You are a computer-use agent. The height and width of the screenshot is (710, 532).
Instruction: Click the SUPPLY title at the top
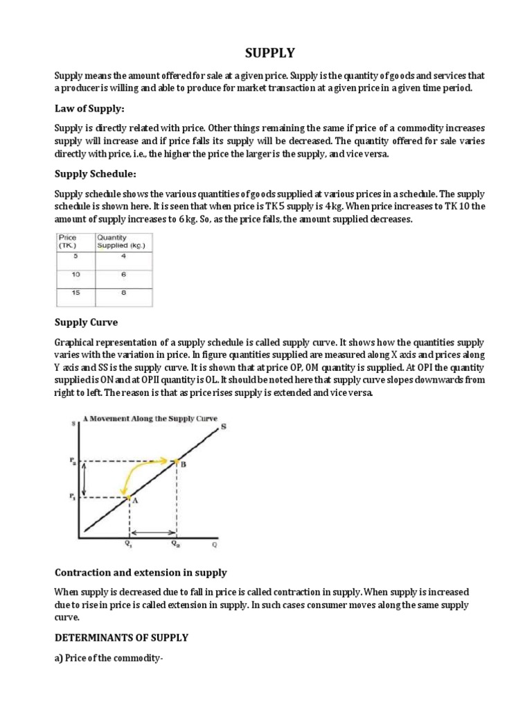click(x=265, y=53)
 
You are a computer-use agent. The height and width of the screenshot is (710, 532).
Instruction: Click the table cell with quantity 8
click(x=124, y=293)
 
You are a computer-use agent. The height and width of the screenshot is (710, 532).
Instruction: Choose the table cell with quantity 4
click(x=124, y=256)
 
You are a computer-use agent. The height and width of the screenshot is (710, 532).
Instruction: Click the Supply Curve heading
click(x=86, y=322)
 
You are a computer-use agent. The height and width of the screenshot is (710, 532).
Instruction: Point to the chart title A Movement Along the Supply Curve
click(x=150, y=419)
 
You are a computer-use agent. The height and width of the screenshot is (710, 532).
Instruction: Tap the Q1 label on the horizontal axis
click(x=128, y=544)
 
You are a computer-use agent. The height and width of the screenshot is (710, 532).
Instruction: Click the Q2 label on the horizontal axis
click(x=177, y=544)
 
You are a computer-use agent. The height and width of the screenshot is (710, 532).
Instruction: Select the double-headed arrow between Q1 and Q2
click(x=153, y=532)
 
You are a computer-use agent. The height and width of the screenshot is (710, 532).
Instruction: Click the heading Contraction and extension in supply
click(x=141, y=573)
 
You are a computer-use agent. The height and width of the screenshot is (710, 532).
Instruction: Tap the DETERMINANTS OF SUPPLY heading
click(x=121, y=637)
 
